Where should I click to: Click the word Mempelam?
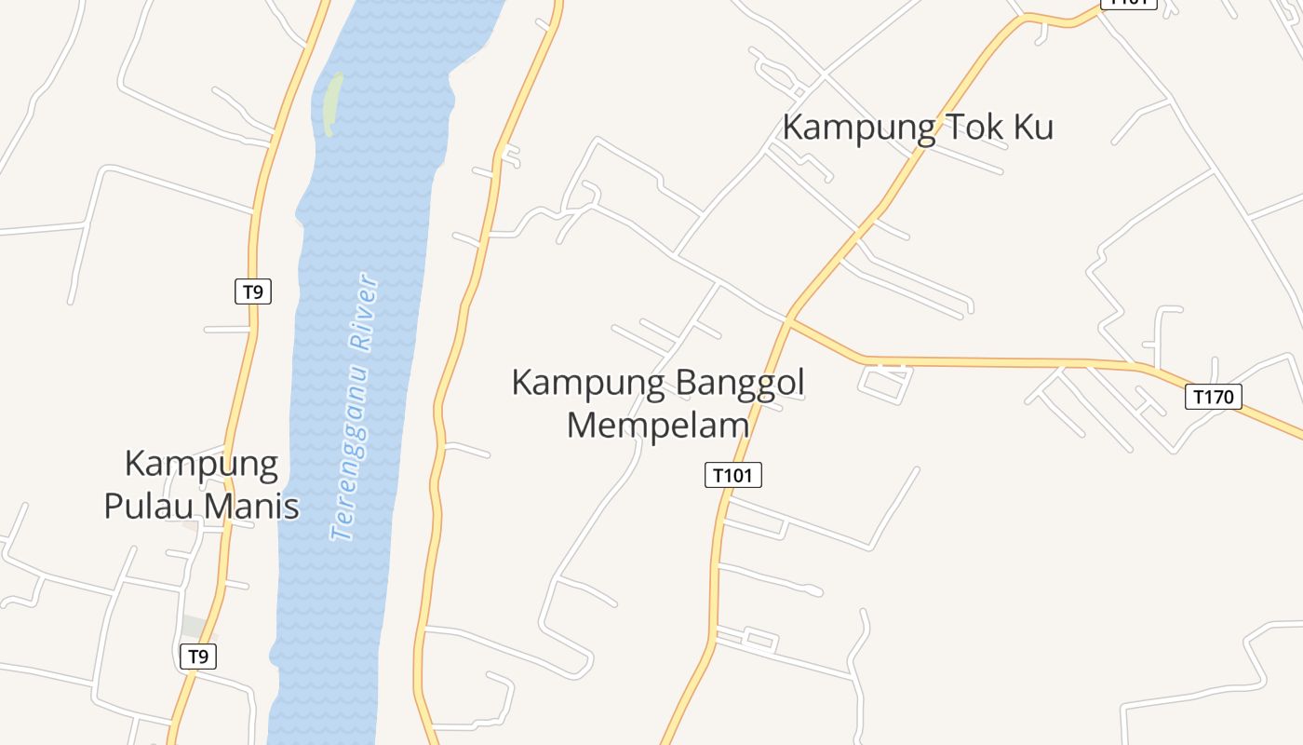658,425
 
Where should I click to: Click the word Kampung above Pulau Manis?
201,465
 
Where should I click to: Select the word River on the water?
364,311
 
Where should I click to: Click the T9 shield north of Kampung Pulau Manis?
252,291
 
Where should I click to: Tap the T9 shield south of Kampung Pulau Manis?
197,656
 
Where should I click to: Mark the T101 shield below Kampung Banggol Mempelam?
732,475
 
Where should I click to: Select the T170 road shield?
1214,397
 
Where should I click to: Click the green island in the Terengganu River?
331,103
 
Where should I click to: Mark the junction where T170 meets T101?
788,320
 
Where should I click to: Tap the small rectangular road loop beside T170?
885,383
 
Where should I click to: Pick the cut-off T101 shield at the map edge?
1128,3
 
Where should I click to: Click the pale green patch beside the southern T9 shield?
195,626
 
